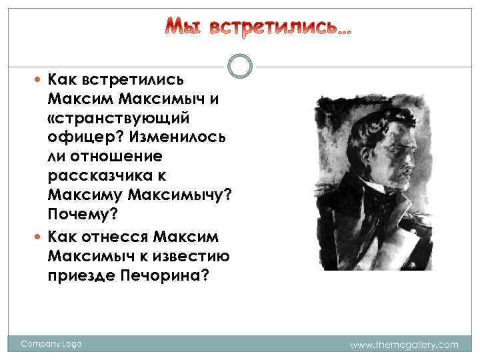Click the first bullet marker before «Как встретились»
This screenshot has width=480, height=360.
click(x=40, y=80)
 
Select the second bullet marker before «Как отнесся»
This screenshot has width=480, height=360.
click(x=40, y=236)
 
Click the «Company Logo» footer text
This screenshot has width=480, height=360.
click(x=51, y=344)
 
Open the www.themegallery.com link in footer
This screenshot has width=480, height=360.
click(x=404, y=345)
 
